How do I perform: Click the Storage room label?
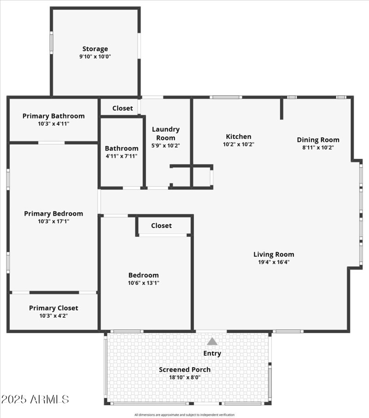tap(95, 49)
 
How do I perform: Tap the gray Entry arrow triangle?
tap(212, 341)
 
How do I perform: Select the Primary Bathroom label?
tap(54, 116)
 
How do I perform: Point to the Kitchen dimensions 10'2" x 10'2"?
tap(238, 144)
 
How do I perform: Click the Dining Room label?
tap(318, 140)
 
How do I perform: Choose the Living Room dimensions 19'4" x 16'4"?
tap(274, 262)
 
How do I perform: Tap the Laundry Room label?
tap(166, 133)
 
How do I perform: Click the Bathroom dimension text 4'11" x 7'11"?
tap(121, 156)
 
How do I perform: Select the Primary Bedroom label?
tap(54, 213)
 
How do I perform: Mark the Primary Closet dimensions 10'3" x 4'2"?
tap(54, 316)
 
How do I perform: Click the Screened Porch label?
tap(185, 370)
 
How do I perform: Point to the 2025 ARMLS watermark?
tap(35, 400)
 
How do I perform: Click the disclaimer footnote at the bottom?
tap(184, 415)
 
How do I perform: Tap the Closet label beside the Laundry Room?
tap(123, 108)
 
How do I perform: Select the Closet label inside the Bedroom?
tap(161, 225)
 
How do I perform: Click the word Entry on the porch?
tap(212, 353)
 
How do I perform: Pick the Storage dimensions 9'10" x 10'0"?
tap(95, 56)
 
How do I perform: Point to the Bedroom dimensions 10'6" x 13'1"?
tap(143, 283)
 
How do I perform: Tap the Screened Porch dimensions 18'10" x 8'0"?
tap(185, 377)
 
